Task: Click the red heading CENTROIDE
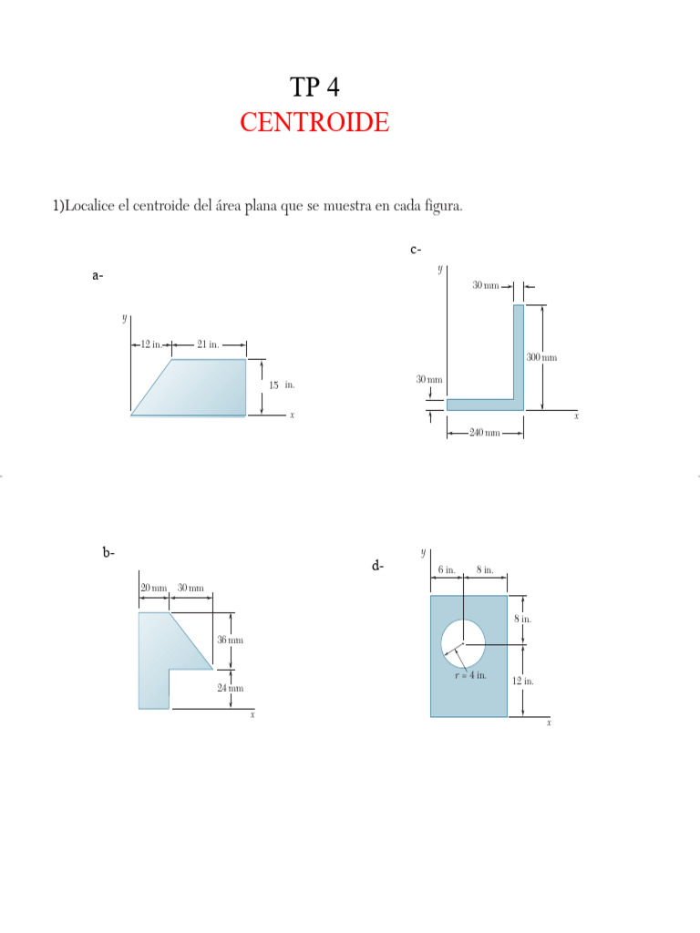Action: click(x=314, y=122)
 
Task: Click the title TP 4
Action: click(x=314, y=87)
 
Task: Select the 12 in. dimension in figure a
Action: click(x=150, y=344)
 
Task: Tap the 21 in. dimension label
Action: click(x=208, y=344)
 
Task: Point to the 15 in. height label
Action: click(x=281, y=385)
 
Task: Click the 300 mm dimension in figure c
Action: click(x=541, y=357)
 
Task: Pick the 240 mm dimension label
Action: click(x=485, y=433)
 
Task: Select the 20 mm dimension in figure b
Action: click(x=152, y=588)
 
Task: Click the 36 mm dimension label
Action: click(x=231, y=640)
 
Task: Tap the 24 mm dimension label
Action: click(x=231, y=688)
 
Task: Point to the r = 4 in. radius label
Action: click(x=471, y=675)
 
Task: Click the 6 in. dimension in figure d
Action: click(x=446, y=569)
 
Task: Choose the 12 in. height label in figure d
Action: click(x=523, y=681)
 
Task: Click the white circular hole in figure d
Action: click(x=463, y=641)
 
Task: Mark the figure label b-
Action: click(x=108, y=551)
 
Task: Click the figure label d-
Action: click(x=377, y=566)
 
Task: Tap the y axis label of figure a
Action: click(x=124, y=318)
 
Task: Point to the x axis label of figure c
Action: click(x=576, y=415)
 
